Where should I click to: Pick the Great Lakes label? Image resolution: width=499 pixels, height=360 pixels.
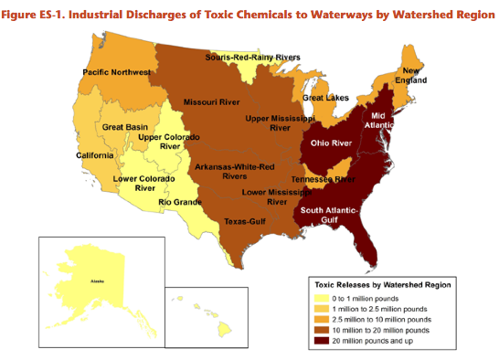[x=324, y=98]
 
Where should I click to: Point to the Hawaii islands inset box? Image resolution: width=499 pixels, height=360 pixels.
[x=206, y=313]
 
